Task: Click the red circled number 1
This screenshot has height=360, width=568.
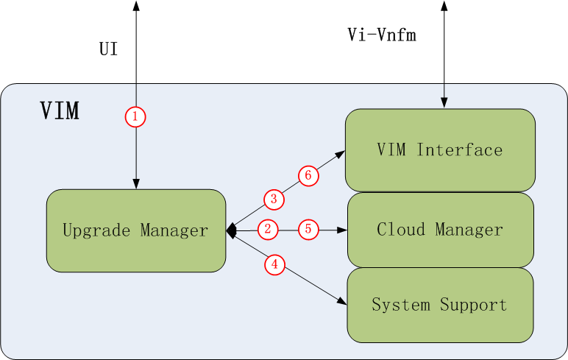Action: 135,116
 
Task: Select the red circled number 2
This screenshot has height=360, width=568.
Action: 268,229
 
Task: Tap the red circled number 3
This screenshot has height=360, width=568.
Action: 274,199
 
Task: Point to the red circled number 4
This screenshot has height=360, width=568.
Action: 274,266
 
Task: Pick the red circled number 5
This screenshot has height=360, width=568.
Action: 308,229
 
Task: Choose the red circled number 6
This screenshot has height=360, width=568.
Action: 308,175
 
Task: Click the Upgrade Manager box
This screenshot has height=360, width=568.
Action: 135,230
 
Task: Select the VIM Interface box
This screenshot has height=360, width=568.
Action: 440,150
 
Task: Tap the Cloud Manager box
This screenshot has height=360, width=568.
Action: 440,230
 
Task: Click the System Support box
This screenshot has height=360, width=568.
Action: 440,305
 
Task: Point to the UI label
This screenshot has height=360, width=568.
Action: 109,50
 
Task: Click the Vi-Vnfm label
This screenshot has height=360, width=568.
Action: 382,35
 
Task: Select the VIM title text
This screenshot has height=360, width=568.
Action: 60,111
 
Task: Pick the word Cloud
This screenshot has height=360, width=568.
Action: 401,230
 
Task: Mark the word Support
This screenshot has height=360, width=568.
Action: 473,305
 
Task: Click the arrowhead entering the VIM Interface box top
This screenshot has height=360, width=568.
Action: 444,104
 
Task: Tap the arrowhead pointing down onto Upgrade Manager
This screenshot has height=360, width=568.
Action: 135,184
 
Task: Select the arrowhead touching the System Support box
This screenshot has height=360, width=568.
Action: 342,301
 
